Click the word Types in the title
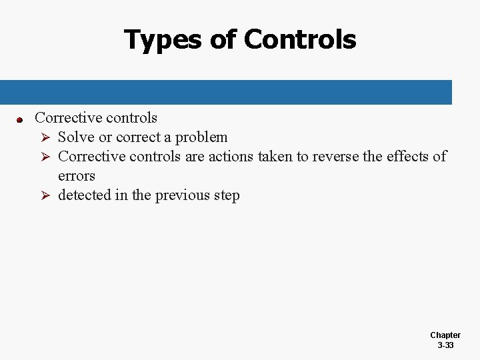pyautogui.click(x=162, y=40)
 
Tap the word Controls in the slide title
pyautogui.click(x=300, y=39)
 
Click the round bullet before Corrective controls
pyautogui.click(x=20, y=120)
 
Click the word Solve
pyautogui.click(x=76, y=137)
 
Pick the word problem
pyautogui.click(x=201, y=137)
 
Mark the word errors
pyautogui.click(x=77, y=176)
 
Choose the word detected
pyautogui.click(x=84, y=195)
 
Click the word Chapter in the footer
pyautogui.click(x=445, y=335)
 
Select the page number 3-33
pyautogui.click(x=445, y=345)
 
